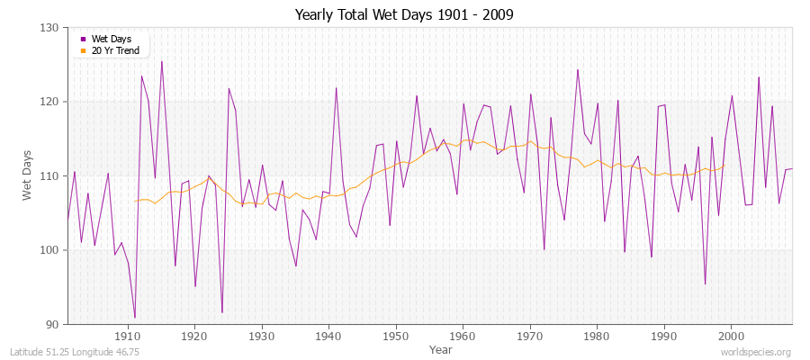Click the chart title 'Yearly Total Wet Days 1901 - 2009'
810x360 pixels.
405,15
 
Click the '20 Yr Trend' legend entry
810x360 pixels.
114,50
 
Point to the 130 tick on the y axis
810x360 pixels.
49,28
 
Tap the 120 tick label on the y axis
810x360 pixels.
49,102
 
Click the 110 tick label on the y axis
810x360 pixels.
49,175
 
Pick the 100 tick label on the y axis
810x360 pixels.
49,250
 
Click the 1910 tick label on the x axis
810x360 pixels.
128,336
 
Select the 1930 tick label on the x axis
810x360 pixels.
262,336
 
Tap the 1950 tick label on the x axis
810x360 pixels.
396,336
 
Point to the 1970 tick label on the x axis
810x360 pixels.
530,336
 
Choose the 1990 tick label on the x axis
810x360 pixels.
664,336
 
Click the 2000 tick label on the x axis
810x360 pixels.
731,336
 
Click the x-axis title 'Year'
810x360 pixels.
441,349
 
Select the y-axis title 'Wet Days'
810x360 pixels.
27,176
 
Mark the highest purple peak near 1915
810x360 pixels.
162,61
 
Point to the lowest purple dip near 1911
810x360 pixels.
135,318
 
